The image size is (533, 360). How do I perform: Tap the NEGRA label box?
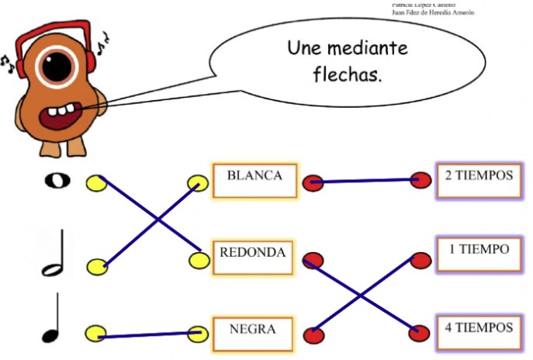pyautogui.click(x=252, y=331)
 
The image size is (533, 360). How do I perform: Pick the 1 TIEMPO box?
pyautogui.click(x=479, y=252)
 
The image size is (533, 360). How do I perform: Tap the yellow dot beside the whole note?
pyautogui.click(x=96, y=183)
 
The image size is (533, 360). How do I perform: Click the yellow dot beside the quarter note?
pyautogui.click(x=96, y=334)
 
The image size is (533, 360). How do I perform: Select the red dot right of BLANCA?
pyautogui.click(x=313, y=183)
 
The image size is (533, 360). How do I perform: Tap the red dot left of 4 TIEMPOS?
pyautogui.click(x=421, y=331)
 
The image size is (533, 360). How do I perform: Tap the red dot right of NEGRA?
pyautogui.click(x=313, y=335)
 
